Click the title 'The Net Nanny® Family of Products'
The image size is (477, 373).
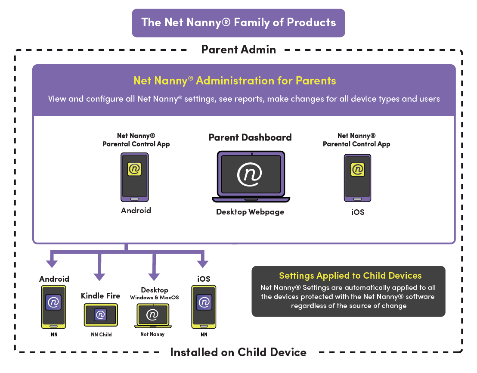(238, 23)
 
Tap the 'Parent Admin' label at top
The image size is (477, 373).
(238, 50)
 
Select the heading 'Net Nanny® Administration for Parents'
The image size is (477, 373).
(235, 81)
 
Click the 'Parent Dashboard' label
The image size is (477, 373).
(250, 137)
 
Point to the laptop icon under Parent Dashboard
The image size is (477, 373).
(251, 176)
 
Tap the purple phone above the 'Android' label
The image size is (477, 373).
(134, 177)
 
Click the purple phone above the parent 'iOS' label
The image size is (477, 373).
(357, 177)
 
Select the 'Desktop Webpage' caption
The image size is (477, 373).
(250, 212)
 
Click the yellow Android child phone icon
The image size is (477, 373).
(53, 306)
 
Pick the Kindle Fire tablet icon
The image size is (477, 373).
(100, 315)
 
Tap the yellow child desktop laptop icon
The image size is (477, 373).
(152, 316)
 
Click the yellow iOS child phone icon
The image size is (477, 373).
(204, 306)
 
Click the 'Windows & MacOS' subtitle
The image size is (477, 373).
(154, 298)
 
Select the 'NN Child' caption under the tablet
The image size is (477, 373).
(101, 334)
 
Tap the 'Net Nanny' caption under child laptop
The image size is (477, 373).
(152, 334)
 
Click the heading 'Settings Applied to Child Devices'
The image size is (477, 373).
(350, 276)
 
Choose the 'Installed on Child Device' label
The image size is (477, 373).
(238, 352)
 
